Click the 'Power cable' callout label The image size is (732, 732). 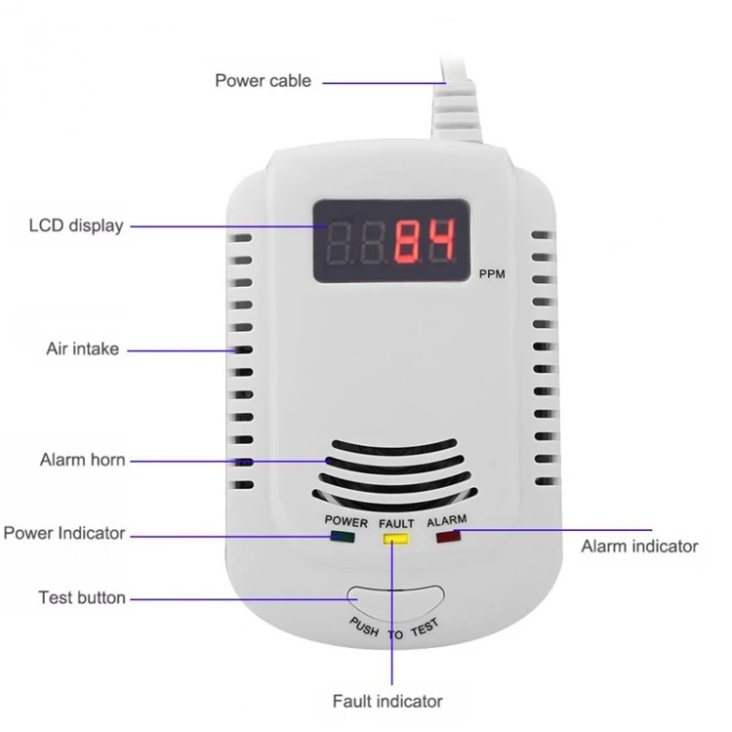point(264,81)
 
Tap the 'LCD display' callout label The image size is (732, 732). point(76,226)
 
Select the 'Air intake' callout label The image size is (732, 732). point(83,348)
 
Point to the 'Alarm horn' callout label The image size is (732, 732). point(83,460)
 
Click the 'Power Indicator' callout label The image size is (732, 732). point(64,533)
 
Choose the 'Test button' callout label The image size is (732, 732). point(82,597)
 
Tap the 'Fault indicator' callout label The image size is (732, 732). point(387,701)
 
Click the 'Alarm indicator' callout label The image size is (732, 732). point(639,546)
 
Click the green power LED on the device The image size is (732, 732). point(343,535)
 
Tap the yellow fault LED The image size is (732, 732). point(395,535)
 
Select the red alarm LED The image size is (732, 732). point(448,535)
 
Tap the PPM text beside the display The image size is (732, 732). point(493,274)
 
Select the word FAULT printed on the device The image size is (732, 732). point(396,523)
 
